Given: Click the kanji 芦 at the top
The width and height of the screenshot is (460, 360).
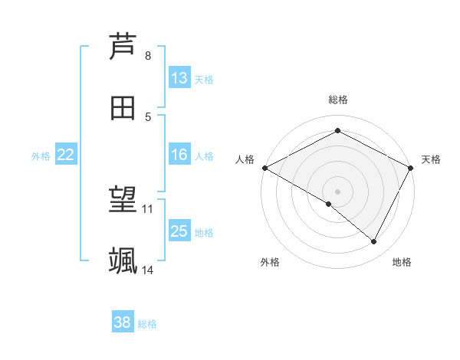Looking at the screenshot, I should pos(123,47).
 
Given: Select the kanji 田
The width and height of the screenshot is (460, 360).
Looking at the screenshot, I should pos(123,108).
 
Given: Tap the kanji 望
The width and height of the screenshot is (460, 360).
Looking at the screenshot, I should pos(123,201).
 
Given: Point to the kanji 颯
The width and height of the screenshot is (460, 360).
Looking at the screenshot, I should pos(123,261).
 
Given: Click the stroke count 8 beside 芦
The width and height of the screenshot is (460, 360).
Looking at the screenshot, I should pos(148,56).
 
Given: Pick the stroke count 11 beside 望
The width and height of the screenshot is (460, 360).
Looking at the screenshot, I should pos(148,208).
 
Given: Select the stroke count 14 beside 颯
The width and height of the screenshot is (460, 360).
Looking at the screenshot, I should pos(148,270).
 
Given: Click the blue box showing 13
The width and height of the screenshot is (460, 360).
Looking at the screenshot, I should pos(179,78).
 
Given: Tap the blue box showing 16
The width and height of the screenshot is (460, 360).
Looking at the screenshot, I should pos(179,155).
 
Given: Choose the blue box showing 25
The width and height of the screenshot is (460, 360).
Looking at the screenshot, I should pos(179,231).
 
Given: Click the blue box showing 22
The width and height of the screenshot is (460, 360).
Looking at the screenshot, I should pos(66,155).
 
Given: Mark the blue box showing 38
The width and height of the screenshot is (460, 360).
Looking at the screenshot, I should pos(123,322).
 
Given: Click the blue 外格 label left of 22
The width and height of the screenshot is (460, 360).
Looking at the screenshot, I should pos(41,155).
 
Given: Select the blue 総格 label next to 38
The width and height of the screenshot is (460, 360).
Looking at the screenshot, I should pos(147,324).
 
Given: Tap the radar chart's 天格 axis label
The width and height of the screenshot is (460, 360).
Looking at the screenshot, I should pos(431,159).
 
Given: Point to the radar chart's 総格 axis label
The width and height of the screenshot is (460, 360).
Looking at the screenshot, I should pos(338,100).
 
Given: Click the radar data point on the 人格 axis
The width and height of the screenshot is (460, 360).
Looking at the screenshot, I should pos(264,168).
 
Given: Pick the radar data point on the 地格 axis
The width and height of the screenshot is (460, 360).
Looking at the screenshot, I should pos(374,242).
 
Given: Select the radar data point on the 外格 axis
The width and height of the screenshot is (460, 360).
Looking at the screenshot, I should pos(329,205).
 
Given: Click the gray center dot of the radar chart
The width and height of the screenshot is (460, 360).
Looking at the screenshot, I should pos(338,191).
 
